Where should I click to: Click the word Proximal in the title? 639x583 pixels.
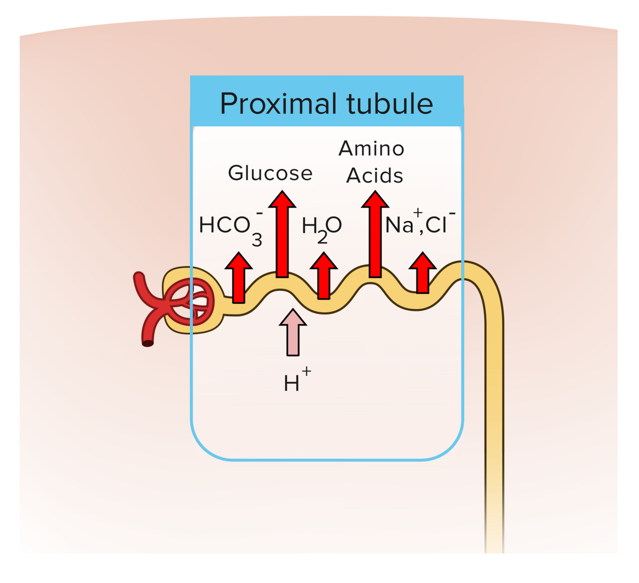click(x=278, y=104)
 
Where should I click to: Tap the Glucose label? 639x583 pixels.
click(x=270, y=173)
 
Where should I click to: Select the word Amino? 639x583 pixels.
click(x=371, y=149)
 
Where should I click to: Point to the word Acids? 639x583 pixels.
click(x=375, y=176)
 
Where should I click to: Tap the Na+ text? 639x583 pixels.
click(x=401, y=224)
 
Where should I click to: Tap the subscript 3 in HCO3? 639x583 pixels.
click(x=257, y=239)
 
